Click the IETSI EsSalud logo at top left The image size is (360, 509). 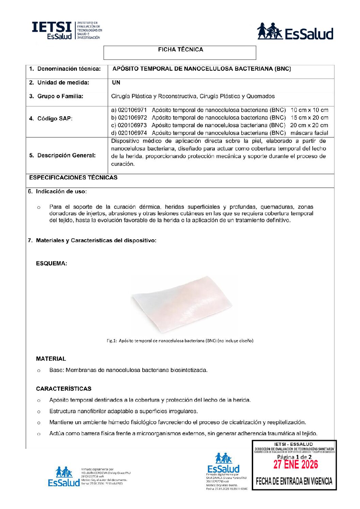pos(66,31)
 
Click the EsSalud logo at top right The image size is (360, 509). pos(295,32)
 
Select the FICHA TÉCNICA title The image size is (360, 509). pos(180,50)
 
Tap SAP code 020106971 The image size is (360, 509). pos(132,110)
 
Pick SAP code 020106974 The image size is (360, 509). pos(132,133)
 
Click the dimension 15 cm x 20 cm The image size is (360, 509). pos(309,118)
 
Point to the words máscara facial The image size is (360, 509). pos(309,133)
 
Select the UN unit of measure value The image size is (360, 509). pos(116,83)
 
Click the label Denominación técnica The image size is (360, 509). pos(69,69)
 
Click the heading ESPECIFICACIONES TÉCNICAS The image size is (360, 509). pos(73,177)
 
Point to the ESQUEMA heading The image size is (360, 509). pos(51,264)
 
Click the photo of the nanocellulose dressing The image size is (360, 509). pos(182,304)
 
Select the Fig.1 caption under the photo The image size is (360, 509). pos(180,341)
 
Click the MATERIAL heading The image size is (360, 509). pos(51,359)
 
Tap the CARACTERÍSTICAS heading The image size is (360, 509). pos(64,389)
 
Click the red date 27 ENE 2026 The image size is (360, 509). pos(295,464)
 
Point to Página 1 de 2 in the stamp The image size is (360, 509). pos(294,457)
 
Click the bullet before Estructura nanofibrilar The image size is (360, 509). pos(39,412)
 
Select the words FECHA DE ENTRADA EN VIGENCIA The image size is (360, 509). pos(294,481)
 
